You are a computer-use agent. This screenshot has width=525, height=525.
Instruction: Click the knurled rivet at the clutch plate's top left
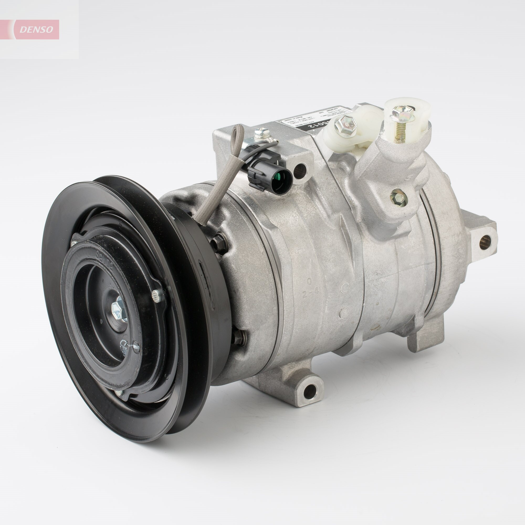pos(75,244)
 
